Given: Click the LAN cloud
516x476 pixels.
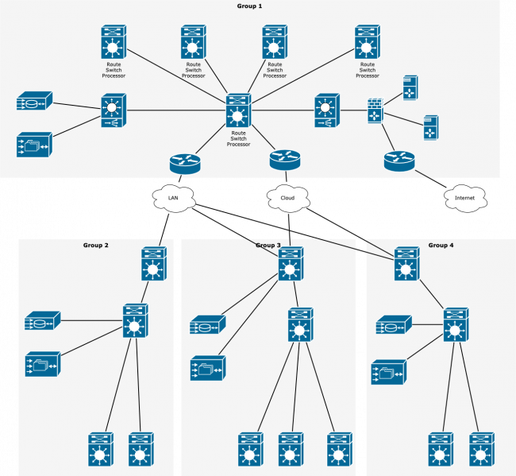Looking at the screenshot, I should pyautogui.click(x=174, y=198).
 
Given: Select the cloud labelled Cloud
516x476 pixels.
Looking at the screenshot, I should pyautogui.click(x=287, y=198).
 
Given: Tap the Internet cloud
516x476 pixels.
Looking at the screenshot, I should pyautogui.click(x=464, y=198).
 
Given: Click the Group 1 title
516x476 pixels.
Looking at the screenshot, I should pyautogui.click(x=249, y=6).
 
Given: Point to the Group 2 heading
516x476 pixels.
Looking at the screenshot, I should pyautogui.click(x=95, y=246).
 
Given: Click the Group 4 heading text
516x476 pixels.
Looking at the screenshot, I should pyautogui.click(x=441, y=246).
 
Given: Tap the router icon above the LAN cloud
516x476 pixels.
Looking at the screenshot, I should pyautogui.click(x=185, y=164).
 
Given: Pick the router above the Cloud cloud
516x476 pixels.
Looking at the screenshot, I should pyautogui.click(x=285, y=159).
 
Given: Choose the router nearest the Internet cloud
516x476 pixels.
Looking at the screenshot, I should pyautogui.click(x=399, y=161).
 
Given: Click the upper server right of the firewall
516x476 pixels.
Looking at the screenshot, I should pyautogui.click(x=410, y=88).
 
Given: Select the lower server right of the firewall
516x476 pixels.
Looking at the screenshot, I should pyautogui.click(x=430, y=128).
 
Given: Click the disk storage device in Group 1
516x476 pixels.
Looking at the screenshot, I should pyautogui.click(x=34, y=102).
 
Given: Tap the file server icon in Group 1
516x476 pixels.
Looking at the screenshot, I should pyautogui.click(x=34, y=145).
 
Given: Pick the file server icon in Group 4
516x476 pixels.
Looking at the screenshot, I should pyautogui.click(x=388, y=372).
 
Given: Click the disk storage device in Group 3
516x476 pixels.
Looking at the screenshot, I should pyautogui.click(x=208, y=326).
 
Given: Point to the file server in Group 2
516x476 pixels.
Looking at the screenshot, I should pyautogui.click(x=43, y=364).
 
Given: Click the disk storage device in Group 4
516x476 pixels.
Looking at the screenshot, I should pyautogui.click(x=394, y=325).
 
